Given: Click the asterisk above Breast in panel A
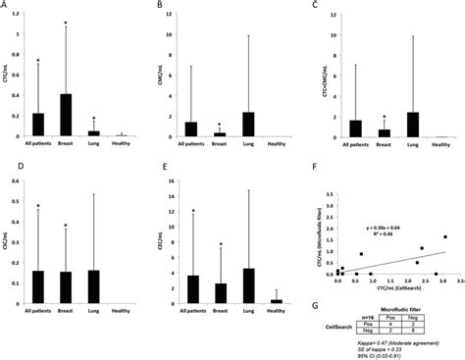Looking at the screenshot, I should [67, 21].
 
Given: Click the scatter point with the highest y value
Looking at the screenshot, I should [444, 236].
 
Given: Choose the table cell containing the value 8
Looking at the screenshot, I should [430, 333].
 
